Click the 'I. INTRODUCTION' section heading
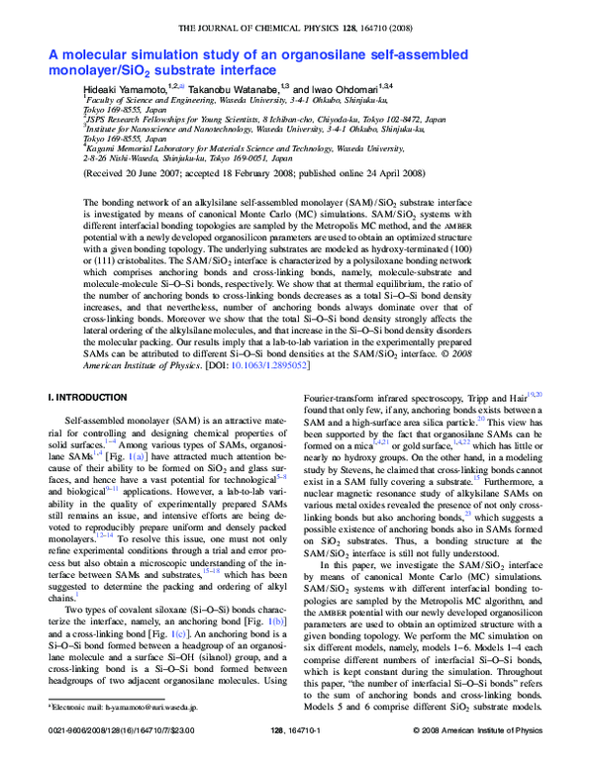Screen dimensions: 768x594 coord(87,398)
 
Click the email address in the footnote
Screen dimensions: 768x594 coord(148,734)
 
